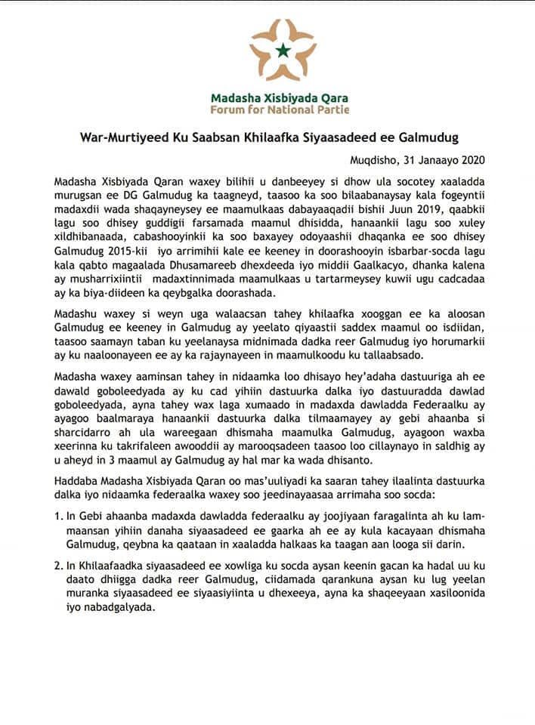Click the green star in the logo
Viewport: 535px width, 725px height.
pyautogui.click(x=283, y=51)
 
